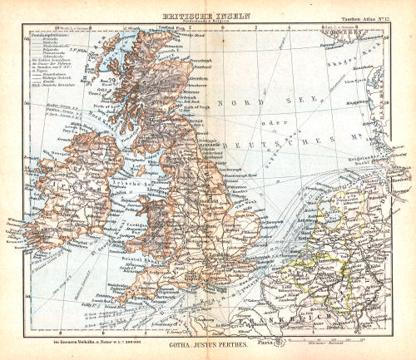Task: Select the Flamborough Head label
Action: [x=235, y=178]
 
